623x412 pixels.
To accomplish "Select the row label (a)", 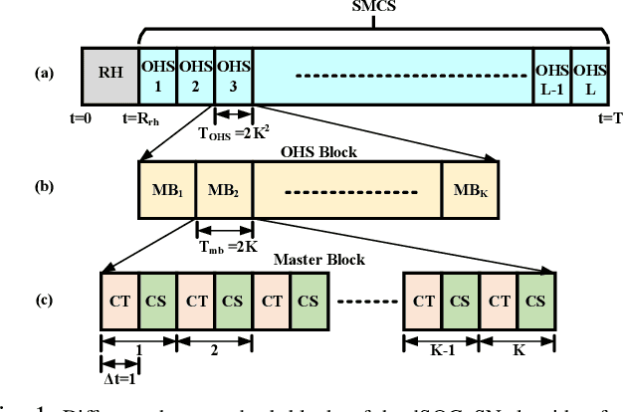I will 42,73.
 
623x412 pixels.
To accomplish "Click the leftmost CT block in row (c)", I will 119,300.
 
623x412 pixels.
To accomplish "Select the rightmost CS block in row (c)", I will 534,300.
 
